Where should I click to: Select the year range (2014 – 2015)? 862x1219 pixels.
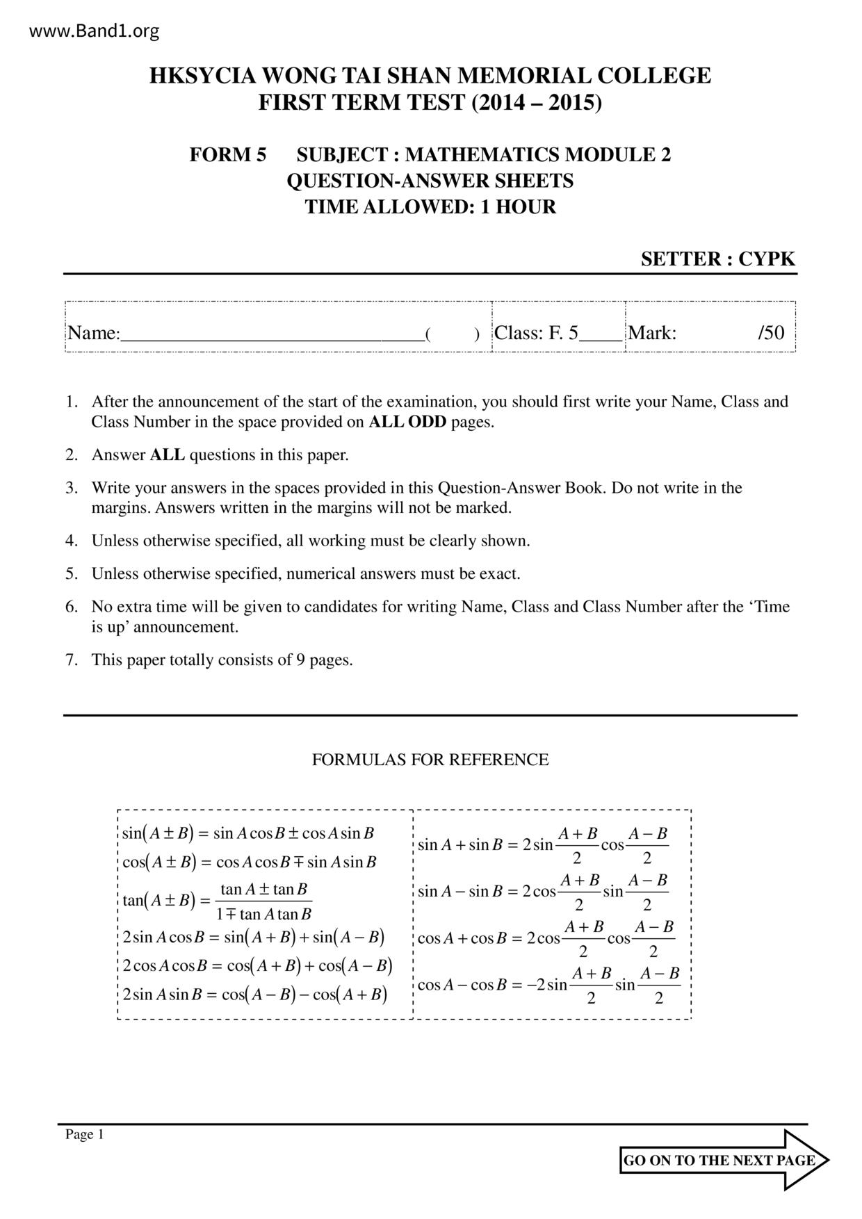point(537,103)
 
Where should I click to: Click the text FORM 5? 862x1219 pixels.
point(227,154)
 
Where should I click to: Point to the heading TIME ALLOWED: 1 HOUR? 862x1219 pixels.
point(430,207)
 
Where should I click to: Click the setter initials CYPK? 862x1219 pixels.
point(766,259)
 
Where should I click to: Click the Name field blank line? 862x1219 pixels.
point(272,334)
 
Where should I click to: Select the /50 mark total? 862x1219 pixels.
point(771,333)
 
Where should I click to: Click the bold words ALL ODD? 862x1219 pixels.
point(407,422)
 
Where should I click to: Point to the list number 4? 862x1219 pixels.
point(71,541)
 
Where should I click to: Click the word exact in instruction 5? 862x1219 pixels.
point(498,574)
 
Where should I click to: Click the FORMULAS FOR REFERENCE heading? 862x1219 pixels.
point(430,760)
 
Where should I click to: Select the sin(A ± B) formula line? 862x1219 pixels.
point(248,833)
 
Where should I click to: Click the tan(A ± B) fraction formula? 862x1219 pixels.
point(217,901)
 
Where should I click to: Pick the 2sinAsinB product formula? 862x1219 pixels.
point(254,995)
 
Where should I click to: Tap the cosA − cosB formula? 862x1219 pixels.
point(548,985)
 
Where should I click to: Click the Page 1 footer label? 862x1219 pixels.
point(84,1135)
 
